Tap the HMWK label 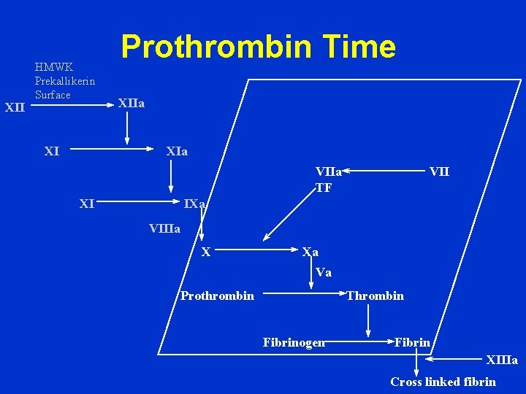(53, 68)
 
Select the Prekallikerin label (65, 81)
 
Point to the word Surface (53, 95)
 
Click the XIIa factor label (131, 104)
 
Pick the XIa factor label (177, 152)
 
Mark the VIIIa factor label (164, 228)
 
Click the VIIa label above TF (329, 172)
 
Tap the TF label (324, 186)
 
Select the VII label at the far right (439, 172)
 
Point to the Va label (324, 273)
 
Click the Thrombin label (375, 295)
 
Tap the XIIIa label (502, 360)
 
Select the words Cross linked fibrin (443, 382)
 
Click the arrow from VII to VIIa (386, 172)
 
